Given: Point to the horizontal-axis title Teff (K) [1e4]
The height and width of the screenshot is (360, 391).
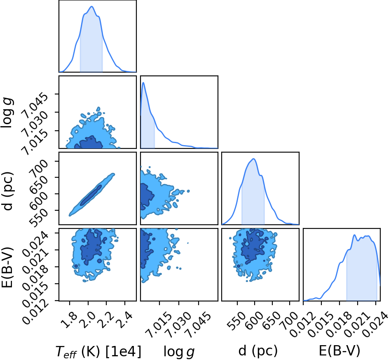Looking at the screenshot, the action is point(98,352).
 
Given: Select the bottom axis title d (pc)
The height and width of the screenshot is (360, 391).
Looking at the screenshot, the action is point(258,351).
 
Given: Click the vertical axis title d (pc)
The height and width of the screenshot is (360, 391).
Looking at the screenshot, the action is point(7,191).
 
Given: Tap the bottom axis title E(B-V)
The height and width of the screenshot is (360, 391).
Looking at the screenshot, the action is point(339,351).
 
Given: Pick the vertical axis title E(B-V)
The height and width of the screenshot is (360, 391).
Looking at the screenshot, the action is point(7,267).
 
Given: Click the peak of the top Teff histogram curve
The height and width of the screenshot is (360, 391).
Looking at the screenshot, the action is point(91,7).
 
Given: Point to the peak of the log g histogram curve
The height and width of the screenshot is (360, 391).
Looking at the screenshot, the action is point(143,82).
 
